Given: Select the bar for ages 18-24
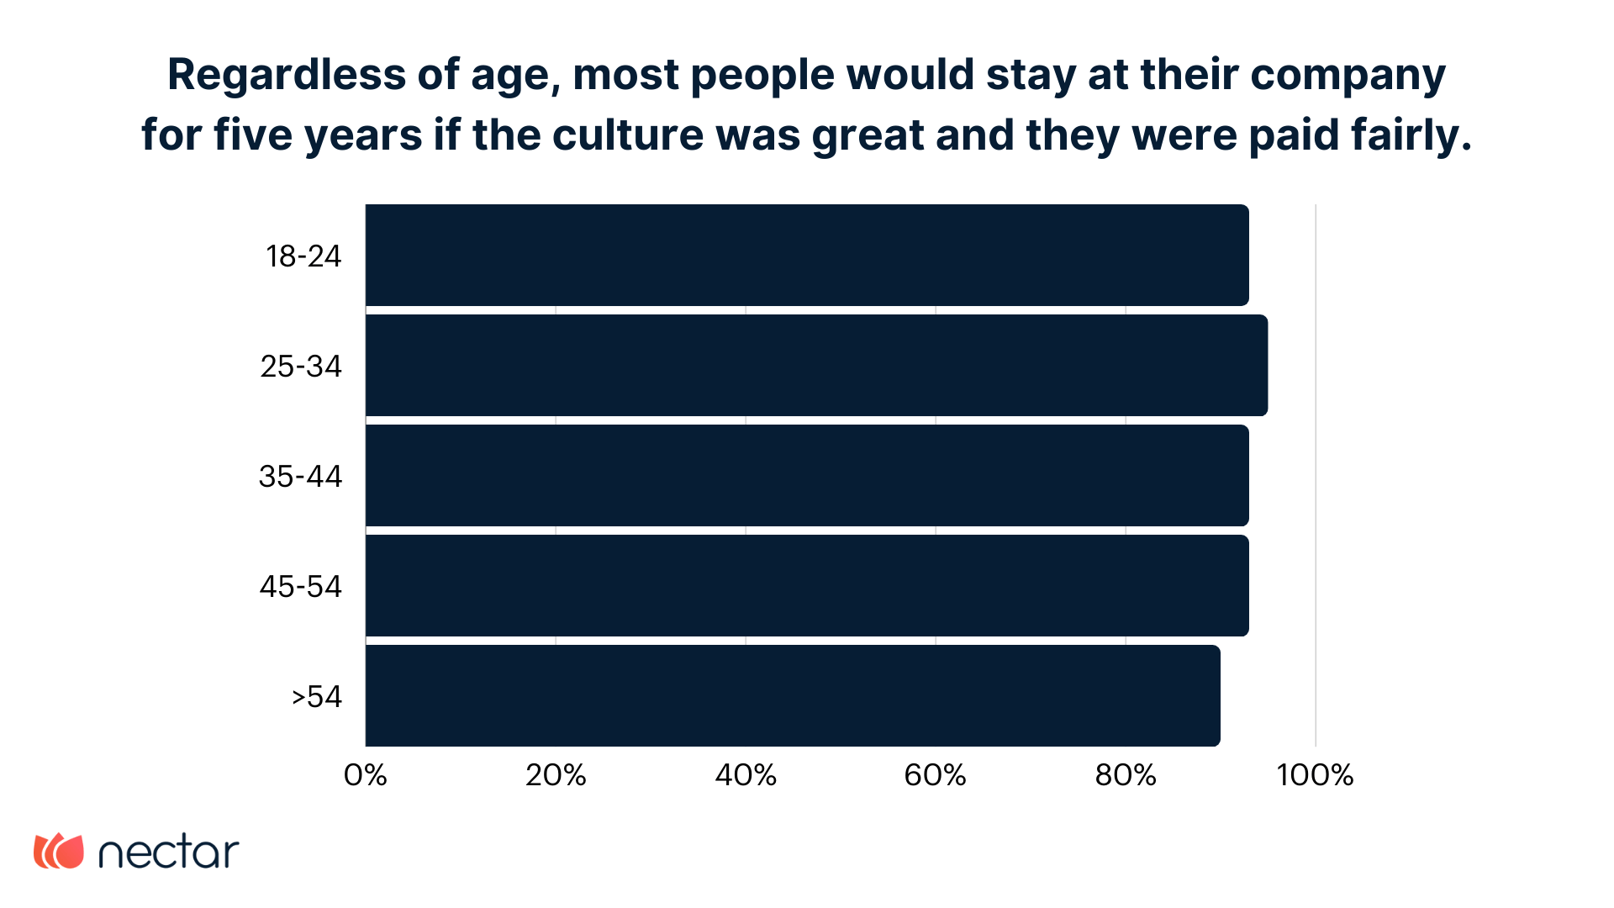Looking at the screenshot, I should [807, 255].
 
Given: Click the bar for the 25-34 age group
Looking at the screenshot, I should [815, 365].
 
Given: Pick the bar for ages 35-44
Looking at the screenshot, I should [807, 475].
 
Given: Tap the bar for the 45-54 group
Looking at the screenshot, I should [807, 585].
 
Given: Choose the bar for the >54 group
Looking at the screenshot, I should [792, 695].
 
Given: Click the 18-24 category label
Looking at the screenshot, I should [303, 256].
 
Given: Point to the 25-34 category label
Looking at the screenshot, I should [301, 366].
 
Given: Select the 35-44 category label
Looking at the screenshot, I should [300, 476].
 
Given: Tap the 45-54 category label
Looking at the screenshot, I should [300, 586].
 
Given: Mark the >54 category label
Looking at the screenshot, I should [316, 696].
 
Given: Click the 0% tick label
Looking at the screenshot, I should [366, 774].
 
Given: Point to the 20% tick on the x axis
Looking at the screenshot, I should [556, 774].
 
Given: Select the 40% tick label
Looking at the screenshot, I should [746, 774].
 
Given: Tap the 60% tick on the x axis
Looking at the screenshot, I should [936, 774].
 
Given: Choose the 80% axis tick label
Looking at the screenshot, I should [1126, 774].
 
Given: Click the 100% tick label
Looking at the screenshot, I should [1315, 774].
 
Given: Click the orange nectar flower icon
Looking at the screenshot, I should [59, 851].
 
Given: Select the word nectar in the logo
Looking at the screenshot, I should [169, 853].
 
